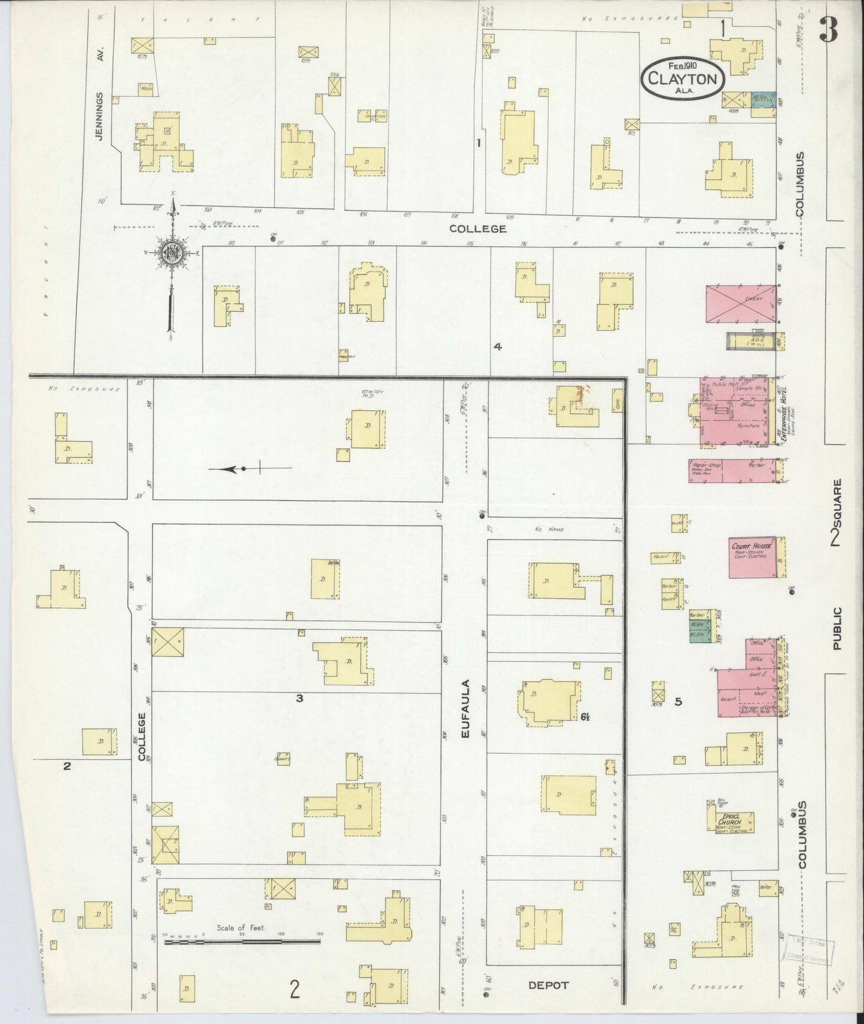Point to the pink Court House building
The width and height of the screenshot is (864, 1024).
click(x=753, y=558)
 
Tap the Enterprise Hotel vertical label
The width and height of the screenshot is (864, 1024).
click(x=784, y=414)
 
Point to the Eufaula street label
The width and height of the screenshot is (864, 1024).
click(x=468, y=708)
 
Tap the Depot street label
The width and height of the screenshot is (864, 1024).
click(x=549, y=985)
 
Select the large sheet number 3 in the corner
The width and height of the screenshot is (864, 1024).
click(x=829, y=28)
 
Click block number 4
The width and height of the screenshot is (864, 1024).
click(x=497, y=346)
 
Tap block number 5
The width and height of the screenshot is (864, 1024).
click(x=678, y=701)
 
